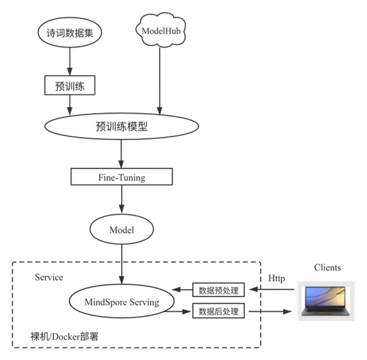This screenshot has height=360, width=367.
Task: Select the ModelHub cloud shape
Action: [x=160, y=29]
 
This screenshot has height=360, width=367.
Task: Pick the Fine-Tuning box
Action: [x=122, y=177]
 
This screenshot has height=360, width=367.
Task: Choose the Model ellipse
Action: [x=121, y=230]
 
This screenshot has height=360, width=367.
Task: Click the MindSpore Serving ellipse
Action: [x=122, y=302]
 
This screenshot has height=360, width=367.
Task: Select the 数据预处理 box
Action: [x=219, y=290]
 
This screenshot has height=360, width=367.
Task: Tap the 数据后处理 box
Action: [x=219, y=311]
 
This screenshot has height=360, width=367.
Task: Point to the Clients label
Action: [x=327, y=267]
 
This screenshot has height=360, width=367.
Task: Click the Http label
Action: [x=276, y=279]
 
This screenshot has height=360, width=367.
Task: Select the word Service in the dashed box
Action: [x=49, y=277]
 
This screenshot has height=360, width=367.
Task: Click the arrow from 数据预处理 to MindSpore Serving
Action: [x=182, y=290]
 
